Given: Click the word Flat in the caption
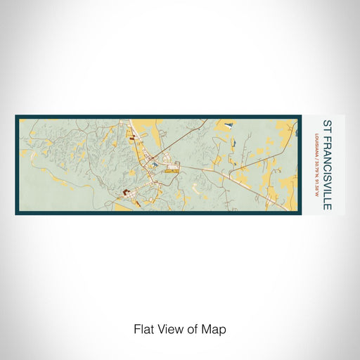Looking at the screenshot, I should [143, 328].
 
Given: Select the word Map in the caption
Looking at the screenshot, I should [216, 328].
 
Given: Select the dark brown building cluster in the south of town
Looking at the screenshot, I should [127, 192].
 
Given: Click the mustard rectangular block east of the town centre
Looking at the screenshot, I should [172, 169].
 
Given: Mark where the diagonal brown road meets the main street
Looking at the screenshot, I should [163, 153].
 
